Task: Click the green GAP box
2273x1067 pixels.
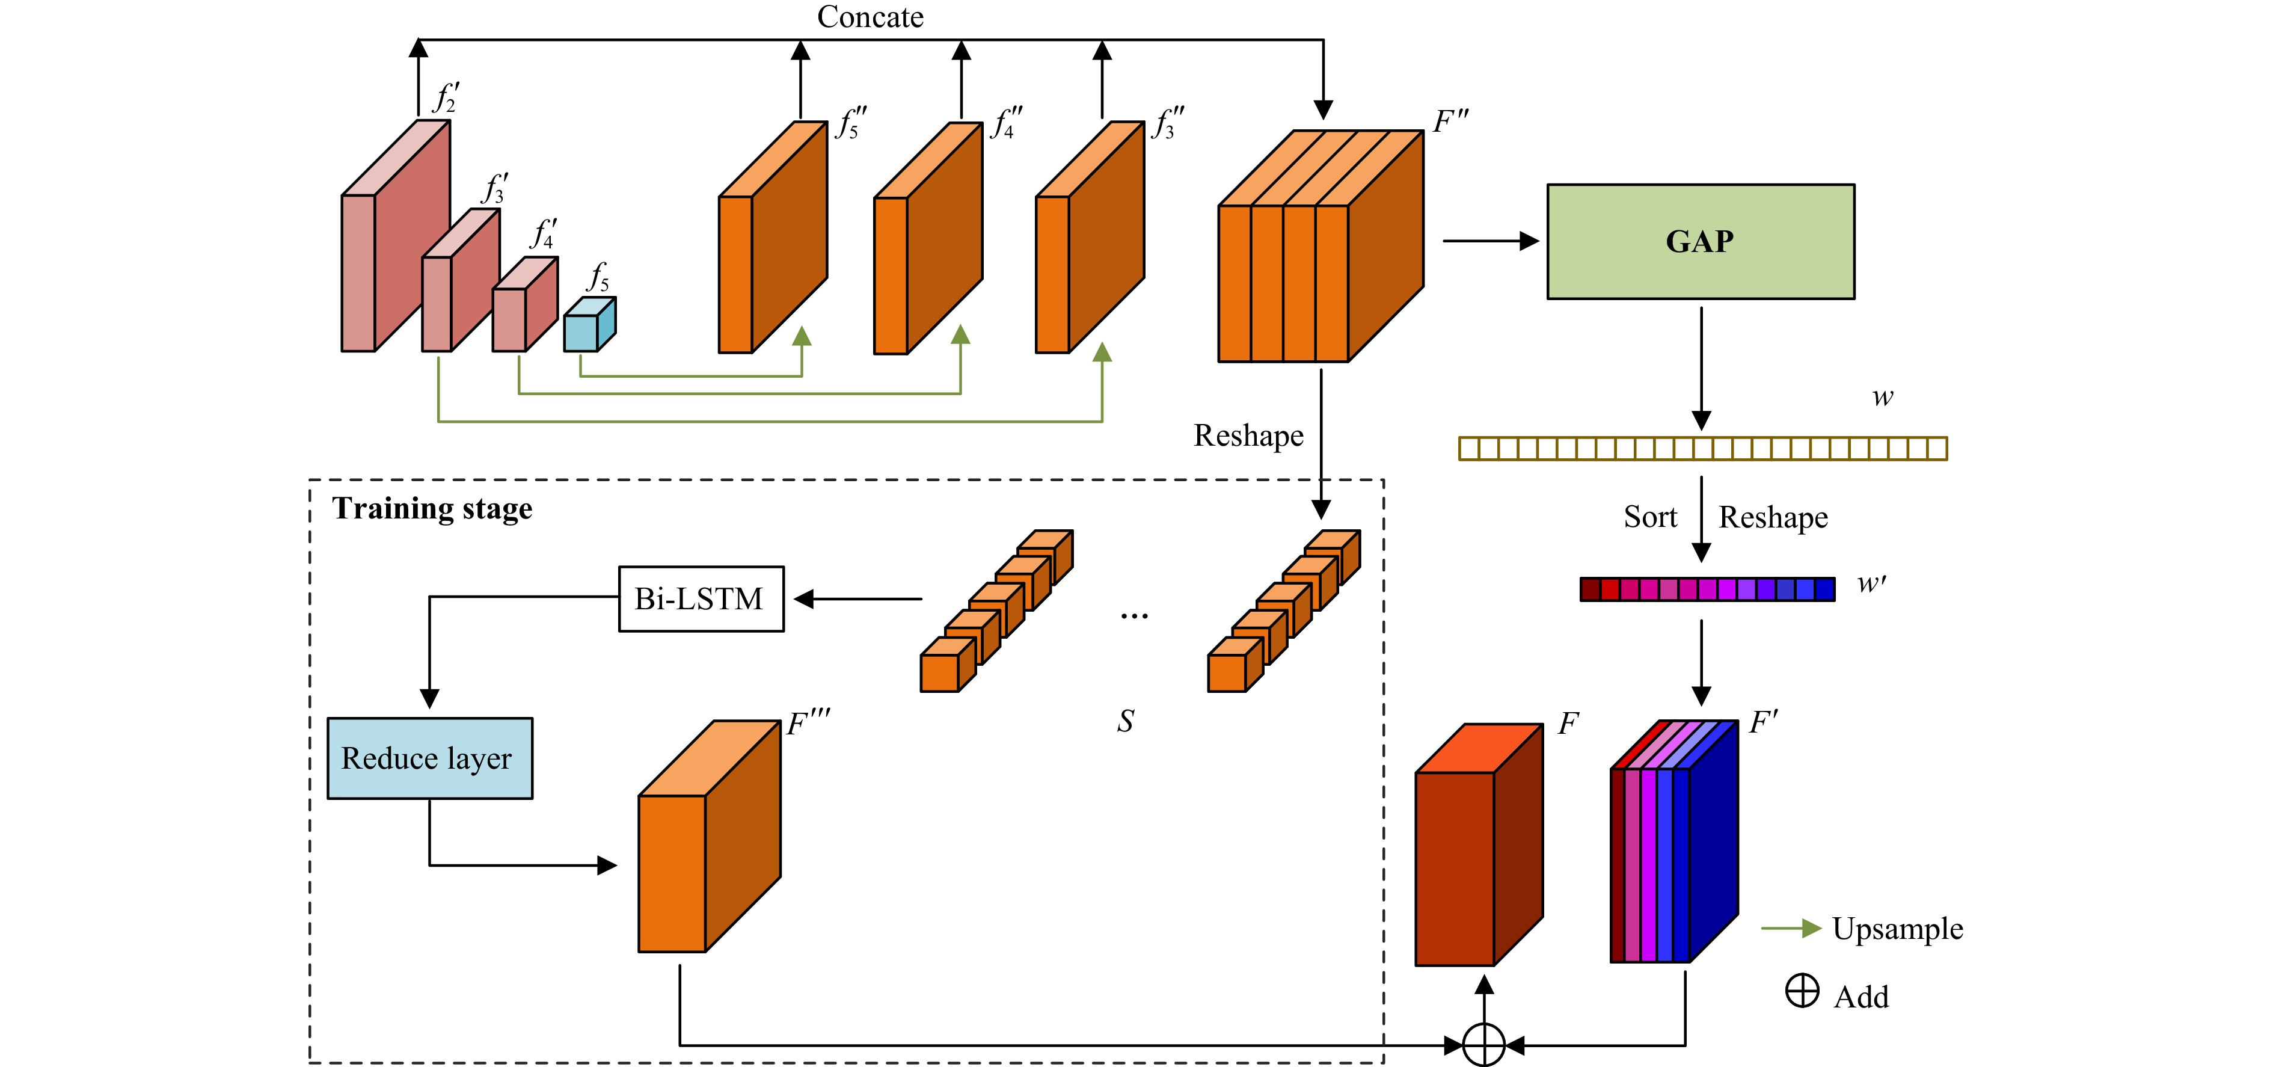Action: click(x=1701, y=241)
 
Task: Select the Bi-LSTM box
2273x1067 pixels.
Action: click(x=701, y=598)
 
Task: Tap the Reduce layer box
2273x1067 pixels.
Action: click(x=430, y=758)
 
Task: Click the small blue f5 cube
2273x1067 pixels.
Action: click(x=589, y=324)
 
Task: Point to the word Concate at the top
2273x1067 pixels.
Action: click(x=870, y=17)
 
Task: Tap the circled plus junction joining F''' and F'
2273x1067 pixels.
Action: click(x=1483, y=1045)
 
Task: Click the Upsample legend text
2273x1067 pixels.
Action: click(x=1897, y=929)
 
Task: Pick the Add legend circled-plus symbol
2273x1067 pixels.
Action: click(x=1802, y=990)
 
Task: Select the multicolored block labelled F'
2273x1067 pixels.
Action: click(x=1674, y=841)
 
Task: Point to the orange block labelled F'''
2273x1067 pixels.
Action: click(x=710, y=837)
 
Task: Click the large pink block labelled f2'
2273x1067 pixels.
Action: click(x=395, y=236)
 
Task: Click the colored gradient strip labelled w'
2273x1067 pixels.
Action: click(x=1707, y=589)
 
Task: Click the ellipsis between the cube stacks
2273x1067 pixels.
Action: click(x=1134, y=615)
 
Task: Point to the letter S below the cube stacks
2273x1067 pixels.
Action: click(x=1125, y=721)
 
